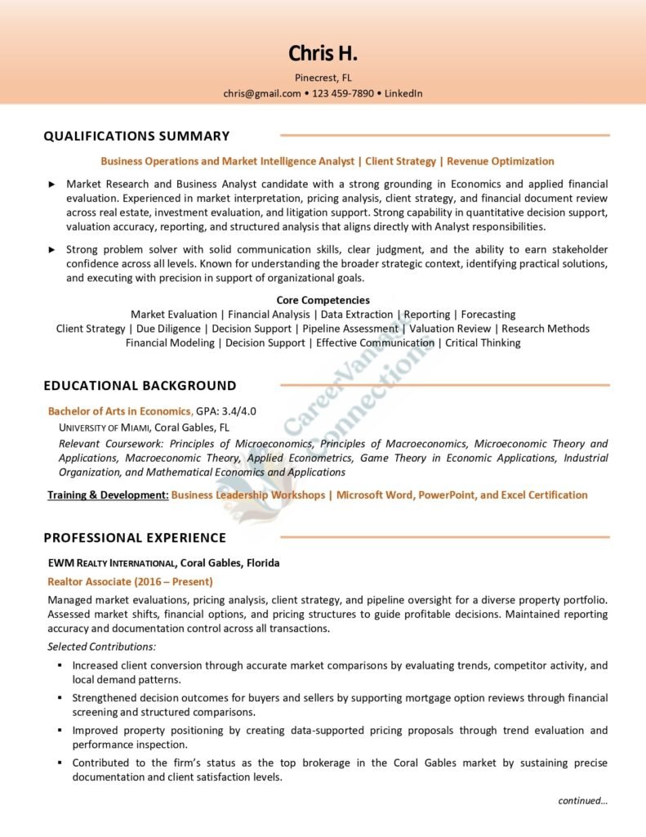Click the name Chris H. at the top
(x=323, y=54)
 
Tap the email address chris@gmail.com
(x=262, y=93)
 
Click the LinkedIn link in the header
(x=403, y=93)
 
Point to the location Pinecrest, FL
(x=323, y=78)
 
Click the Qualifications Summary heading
(x=136, y=136)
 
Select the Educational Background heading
(x=140, y=385)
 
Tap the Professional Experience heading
(x=135, y=537)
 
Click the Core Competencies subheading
(x=323, y=300)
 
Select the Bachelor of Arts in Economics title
(x=120, y=411)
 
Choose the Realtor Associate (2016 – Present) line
(x=131, y=581)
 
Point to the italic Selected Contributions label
(x=101, y=647)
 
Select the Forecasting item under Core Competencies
(x=488, y=314)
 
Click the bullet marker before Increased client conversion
(x=60, y=665)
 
